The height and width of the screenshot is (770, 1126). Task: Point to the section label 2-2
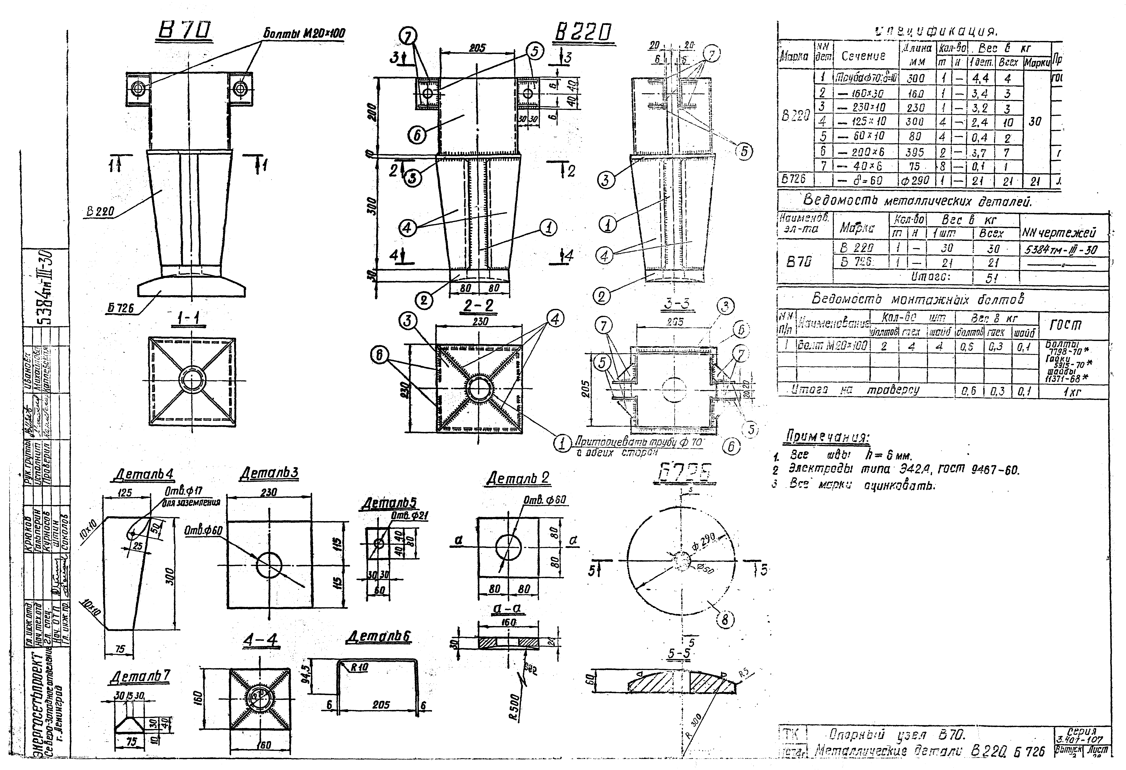tap(478, 305)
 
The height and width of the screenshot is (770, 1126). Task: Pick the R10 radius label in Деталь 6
tap(360, 667)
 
